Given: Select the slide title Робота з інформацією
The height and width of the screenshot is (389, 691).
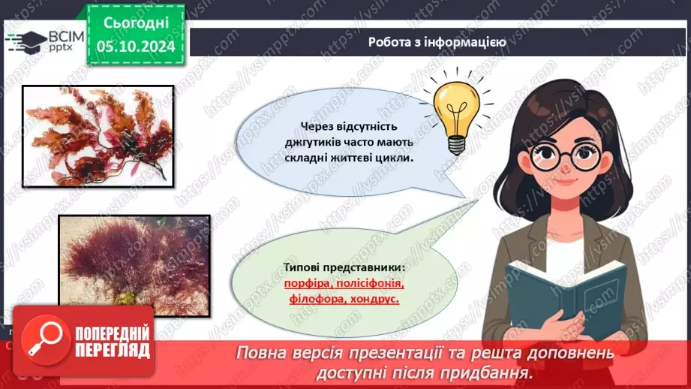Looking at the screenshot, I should tap(437, 42).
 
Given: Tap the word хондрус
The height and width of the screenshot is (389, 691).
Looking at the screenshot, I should tap(374, 299).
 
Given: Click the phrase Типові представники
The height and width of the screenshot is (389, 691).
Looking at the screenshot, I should tap(343, 268).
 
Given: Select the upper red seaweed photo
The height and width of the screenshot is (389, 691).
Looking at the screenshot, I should tap(98, 135).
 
